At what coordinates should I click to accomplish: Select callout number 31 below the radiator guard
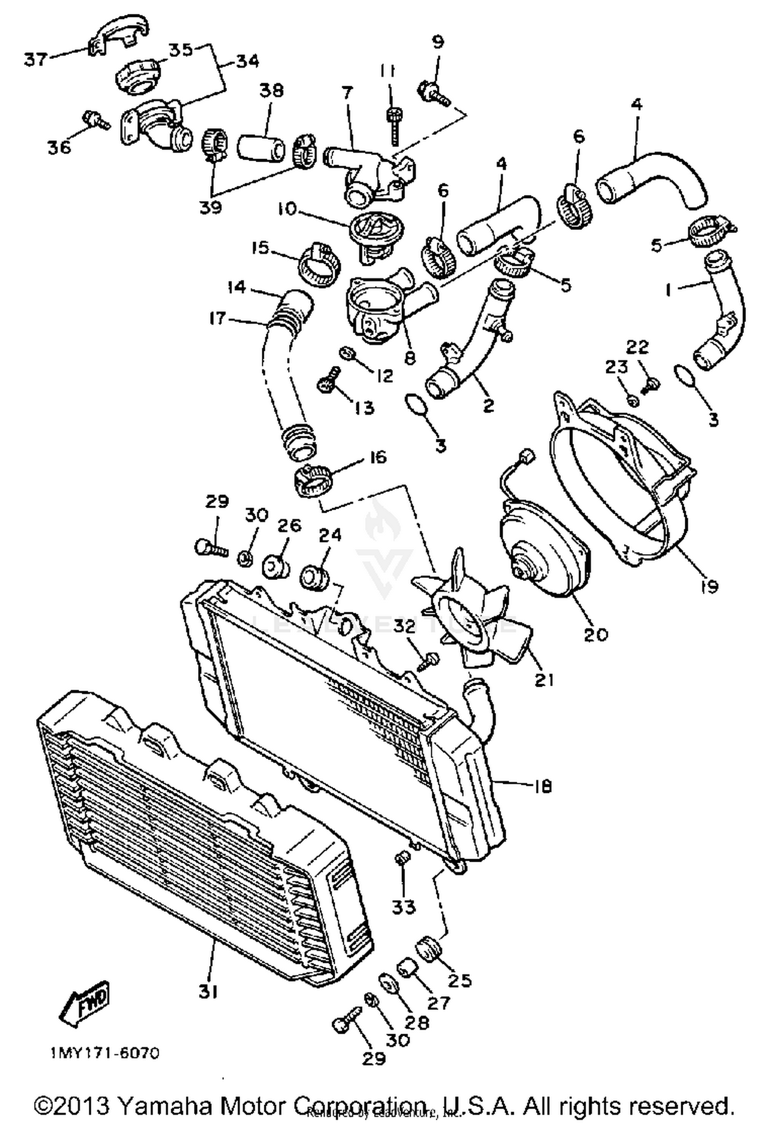click(x=208, y=992)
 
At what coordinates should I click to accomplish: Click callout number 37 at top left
click(x=35, y=60)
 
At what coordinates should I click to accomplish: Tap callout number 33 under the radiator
click(x=403, y=907)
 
